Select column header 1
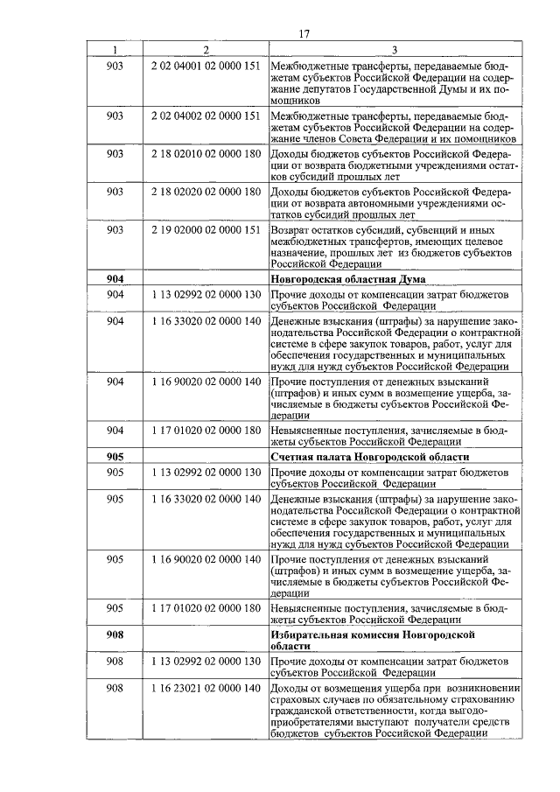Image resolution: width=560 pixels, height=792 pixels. click(x=115, y=50)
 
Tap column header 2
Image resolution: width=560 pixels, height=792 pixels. click(x=206, y=50)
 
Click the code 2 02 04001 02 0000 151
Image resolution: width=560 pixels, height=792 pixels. click(x=206, y=66)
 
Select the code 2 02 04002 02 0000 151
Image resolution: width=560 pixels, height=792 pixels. click(x=206, y=116)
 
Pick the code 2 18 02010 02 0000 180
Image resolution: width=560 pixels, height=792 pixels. click(x=206, y=153)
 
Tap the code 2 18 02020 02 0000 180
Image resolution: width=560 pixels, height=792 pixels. click(x=206, y=191)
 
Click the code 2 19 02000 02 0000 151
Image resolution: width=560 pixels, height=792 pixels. click(x=206, y=229)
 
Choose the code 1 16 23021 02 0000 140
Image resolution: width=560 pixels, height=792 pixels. click(x=206, y=689)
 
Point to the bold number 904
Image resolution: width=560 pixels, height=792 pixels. click(x=115, y=278)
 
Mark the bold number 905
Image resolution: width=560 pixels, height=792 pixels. click(x=115, y=457)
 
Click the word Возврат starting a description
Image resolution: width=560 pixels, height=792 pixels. click(x=294, y=229)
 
